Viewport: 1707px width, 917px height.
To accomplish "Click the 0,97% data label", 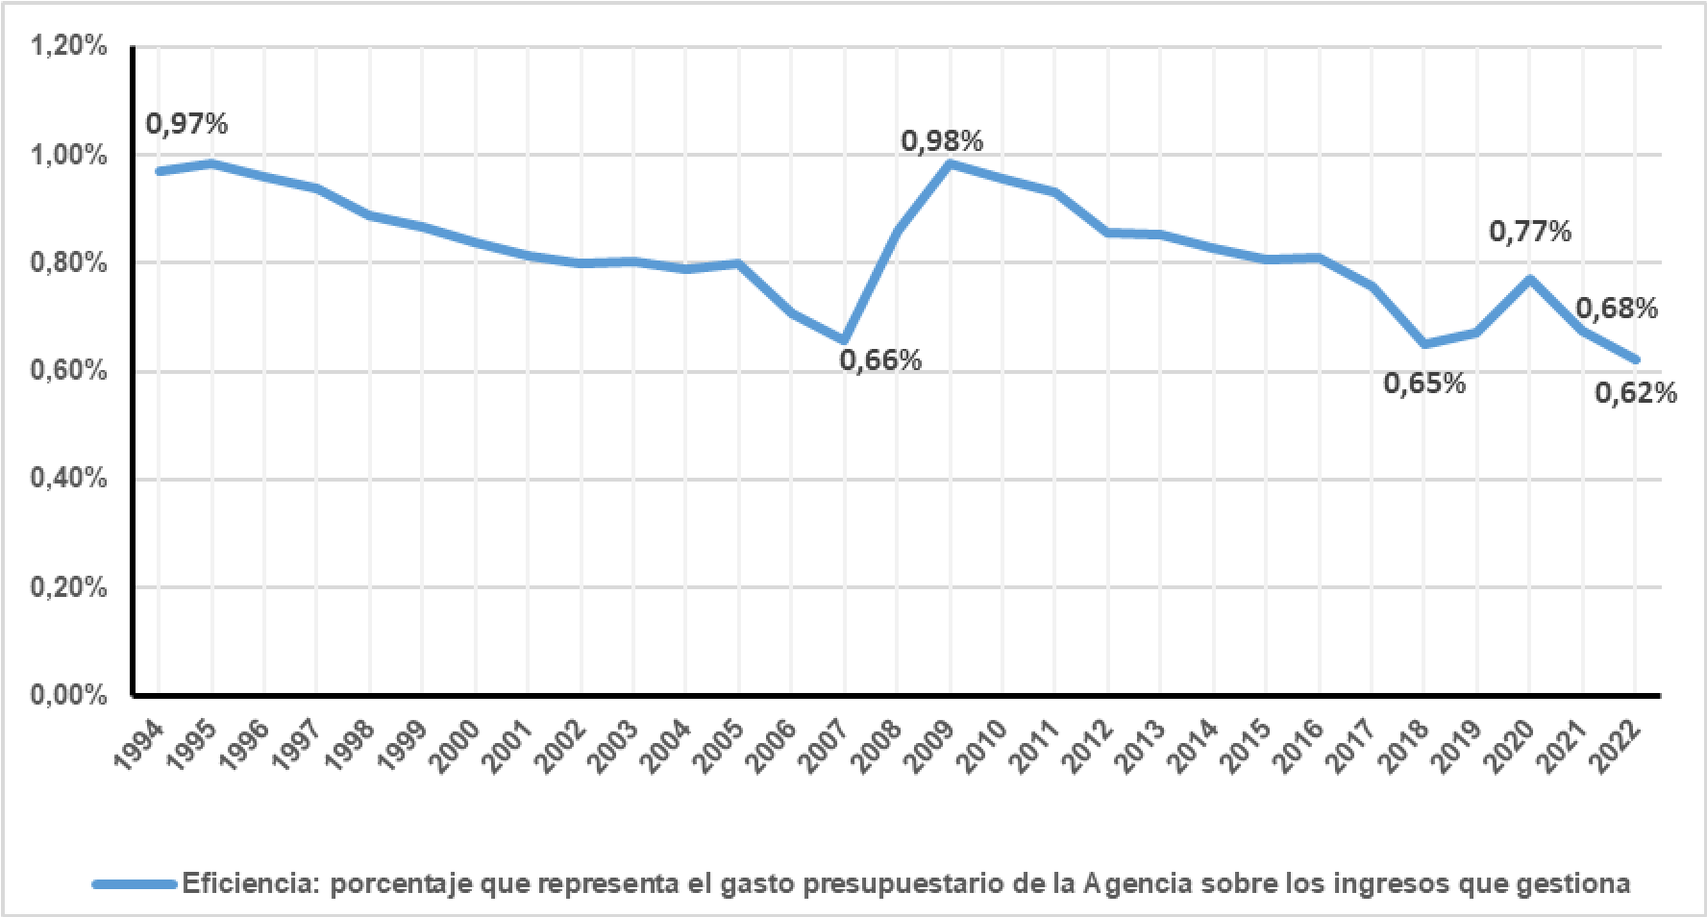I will tap(186, 124).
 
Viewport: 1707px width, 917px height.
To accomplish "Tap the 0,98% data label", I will tap(942, 141).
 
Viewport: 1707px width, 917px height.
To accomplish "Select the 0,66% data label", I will tap(880, 360).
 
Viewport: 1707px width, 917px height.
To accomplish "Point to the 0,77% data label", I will tap(1530, 232).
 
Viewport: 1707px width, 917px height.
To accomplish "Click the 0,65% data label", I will tap(1424, 384).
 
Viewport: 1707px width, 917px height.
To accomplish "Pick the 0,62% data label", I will tap(1636, 393).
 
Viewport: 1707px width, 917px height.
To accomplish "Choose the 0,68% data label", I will tap(1617, 309).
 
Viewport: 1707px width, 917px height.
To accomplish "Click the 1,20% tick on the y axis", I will tap(69, 46).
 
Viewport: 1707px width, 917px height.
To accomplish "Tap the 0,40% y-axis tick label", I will tap(69, 479).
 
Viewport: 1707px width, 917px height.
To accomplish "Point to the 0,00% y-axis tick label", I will tap(69, 695).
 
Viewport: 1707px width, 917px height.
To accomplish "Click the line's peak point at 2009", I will tap(951, 163).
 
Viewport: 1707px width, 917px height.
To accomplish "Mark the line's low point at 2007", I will tap(844, 340).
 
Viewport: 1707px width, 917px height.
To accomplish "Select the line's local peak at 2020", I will tap(1529, 279).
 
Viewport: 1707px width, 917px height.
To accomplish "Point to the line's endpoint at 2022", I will tap(1635, 360).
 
